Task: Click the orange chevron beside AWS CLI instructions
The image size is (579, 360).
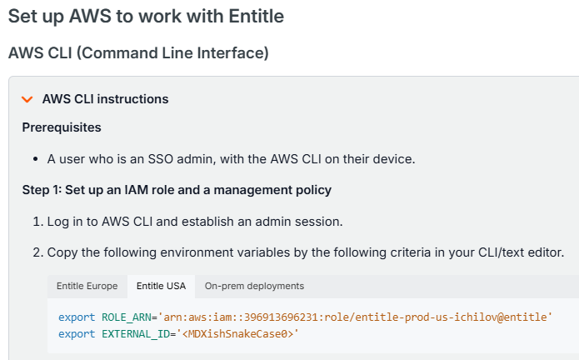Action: [27, 99]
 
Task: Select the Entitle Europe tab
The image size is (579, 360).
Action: [87, 286]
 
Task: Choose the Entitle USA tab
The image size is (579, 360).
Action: [161, 286]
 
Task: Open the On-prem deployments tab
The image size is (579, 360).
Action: [254, 286]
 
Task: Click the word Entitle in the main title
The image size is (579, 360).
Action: [257, 16]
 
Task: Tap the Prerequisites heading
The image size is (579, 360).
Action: [62, 127]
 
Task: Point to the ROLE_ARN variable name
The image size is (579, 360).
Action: [127, 317]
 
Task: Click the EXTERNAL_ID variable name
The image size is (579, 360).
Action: [136, 334]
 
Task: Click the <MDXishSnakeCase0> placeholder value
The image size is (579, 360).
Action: [237, 334]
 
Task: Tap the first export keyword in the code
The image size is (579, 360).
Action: [77, 317]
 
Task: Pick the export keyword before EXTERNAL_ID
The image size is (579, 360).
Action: [77, 334]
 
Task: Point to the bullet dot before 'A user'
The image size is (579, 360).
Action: [36, 159]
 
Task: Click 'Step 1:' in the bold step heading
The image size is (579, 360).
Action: [42, 190]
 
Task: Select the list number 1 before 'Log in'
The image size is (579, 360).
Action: [38, 222]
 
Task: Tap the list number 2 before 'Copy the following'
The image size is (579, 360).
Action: [38, 252]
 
